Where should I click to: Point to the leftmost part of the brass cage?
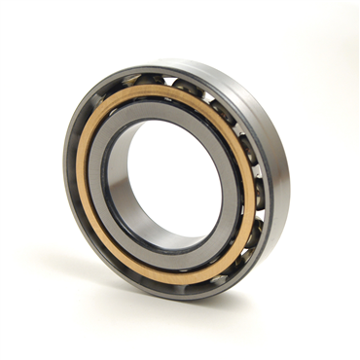click(81, 175)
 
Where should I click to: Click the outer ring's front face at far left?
click(69, 175)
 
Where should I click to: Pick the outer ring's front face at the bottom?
click(185, 293)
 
